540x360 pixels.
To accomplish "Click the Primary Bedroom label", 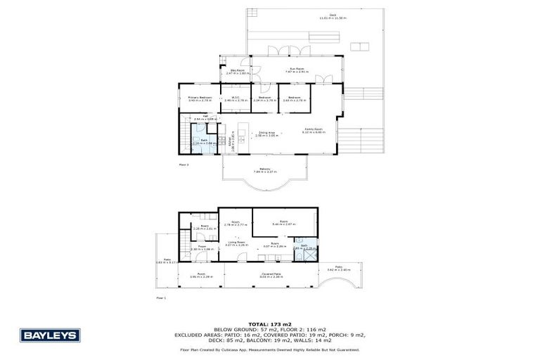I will click(200, 98).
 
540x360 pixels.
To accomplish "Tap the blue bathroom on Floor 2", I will click(203, 143).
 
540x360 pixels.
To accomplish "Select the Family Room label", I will click(313, 130).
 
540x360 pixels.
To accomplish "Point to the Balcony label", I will click(265, 169).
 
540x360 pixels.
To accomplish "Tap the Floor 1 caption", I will click(161, 297).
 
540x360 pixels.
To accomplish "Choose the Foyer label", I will click(200, 247).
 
